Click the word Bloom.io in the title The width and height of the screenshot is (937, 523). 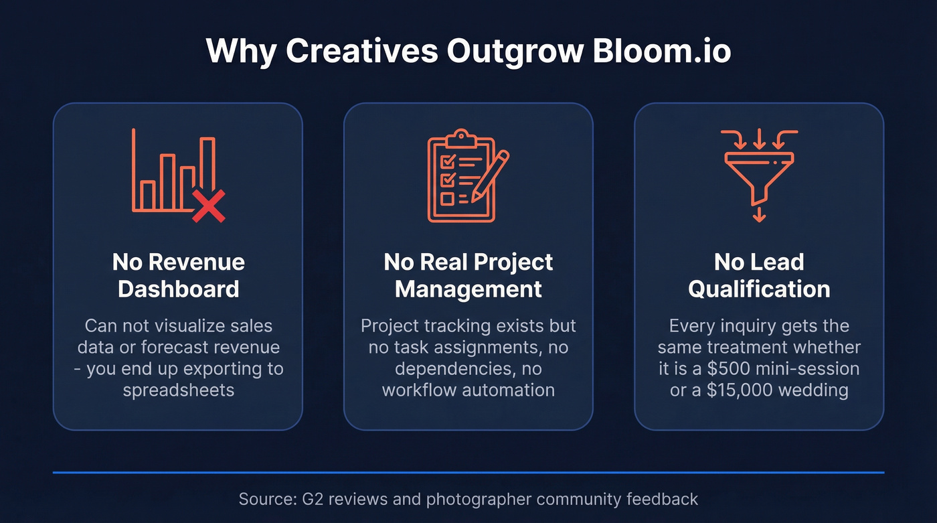[661, 51]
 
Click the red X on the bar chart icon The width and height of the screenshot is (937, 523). [209, 206]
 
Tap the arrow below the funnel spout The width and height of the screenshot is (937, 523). [759, 214]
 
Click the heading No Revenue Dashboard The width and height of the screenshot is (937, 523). [178, 275]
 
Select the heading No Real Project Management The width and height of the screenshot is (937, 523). [468, 275]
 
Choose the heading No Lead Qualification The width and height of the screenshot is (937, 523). [759, 275]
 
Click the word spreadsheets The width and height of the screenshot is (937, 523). [178, 390]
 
